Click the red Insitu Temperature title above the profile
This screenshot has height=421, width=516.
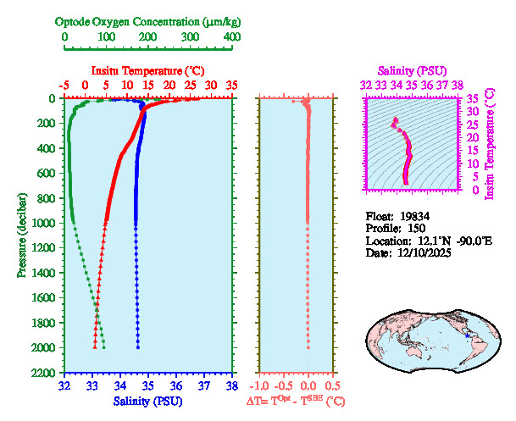pos(147,70)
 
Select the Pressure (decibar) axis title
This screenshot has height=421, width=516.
pos(20,235)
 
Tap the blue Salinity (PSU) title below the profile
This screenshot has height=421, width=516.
pos(147,400)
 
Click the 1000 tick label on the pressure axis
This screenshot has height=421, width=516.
pos(44,223)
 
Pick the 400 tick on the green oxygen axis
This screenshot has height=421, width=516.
pos(231,37)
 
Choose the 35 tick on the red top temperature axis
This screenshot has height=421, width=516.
pos(232,86)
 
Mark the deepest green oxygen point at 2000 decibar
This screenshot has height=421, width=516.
pos(103,347)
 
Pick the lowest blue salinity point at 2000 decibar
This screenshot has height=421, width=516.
pos(138,347)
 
